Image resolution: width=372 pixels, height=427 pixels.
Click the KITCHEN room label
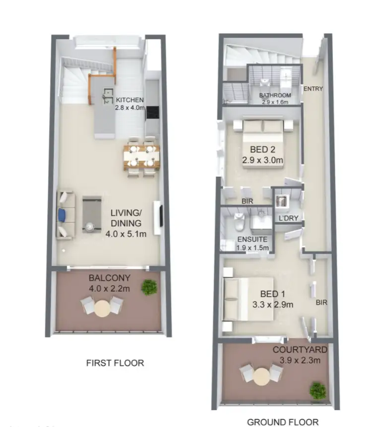[x=130, y=99]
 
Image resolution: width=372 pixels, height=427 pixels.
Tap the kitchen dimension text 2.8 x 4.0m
[x=130, y=107]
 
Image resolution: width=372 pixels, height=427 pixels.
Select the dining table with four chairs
[x=142, y=156]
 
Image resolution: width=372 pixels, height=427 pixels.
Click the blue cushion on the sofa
[x=62, y=214]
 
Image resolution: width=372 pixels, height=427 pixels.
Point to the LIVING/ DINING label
[x=125, y=219]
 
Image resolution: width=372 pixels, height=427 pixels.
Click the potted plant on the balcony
[x=149, y=287]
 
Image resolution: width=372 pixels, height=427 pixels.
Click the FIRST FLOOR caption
[x=115, y=363]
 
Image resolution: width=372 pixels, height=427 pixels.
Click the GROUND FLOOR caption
[x=283, y=422]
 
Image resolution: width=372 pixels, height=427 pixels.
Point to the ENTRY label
[x=313, y=89]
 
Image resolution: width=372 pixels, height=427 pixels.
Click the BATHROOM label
[x=275, y=95]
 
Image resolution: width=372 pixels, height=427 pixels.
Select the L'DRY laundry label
[x=288, y=219]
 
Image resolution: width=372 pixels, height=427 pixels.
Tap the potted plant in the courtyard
[x=317, y=390]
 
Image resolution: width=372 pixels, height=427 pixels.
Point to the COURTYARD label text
[x=297, y=350]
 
